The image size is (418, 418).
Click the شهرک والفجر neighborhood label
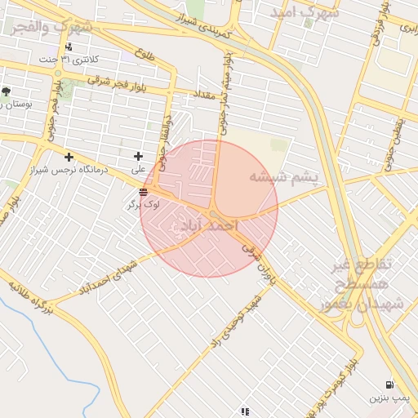click(51, 27)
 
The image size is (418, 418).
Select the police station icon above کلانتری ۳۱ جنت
click(69, 47)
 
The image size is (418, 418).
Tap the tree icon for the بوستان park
click(7, 91)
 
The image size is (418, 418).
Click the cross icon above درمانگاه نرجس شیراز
click(69, 157)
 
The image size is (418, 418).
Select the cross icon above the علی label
click(138, 156)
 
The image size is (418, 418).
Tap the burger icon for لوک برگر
click(144, 193)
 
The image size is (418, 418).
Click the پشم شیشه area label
click(282, 177)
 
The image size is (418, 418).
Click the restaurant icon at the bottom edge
click(244, 411)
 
